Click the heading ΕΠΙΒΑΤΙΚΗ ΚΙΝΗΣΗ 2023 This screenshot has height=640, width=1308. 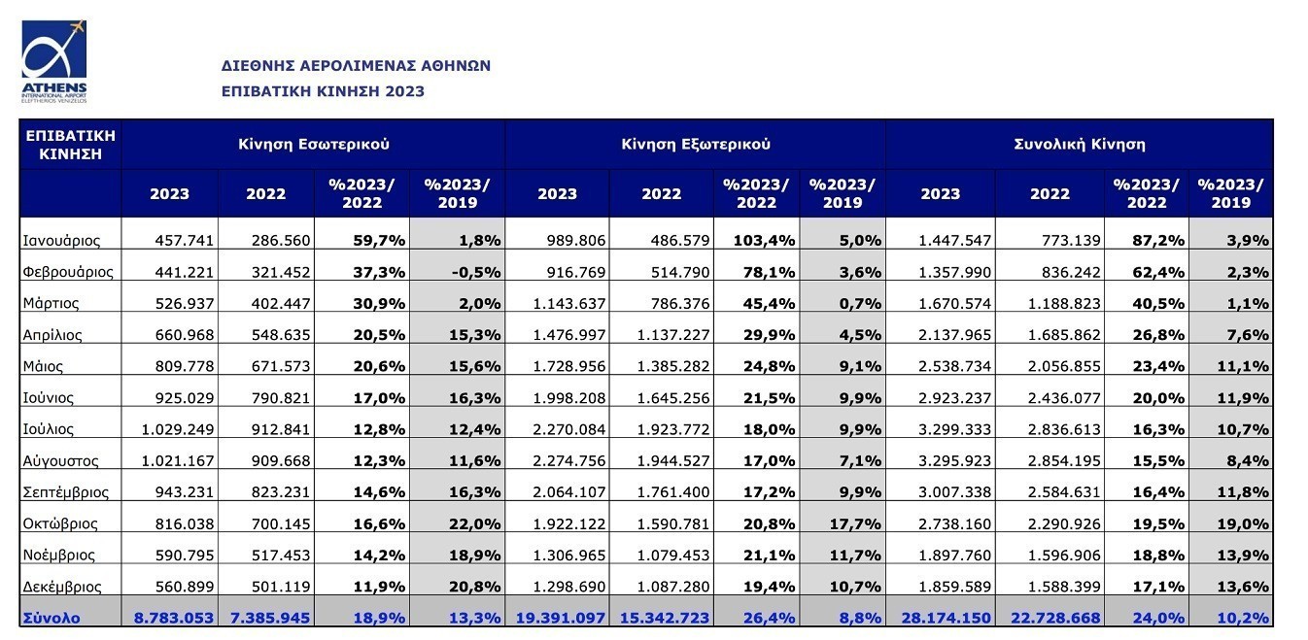click(x=323, y=91)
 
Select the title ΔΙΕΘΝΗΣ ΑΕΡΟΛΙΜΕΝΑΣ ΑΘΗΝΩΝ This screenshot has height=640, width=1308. click(x=356, y=66)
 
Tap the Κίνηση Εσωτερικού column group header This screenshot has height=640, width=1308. click(x=314, y=144)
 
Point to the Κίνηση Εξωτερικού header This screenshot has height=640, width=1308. click(x=696, y=144)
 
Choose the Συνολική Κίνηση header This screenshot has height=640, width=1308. click(x=1079, y=144)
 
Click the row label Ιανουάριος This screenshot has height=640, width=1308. click(x=61, y=239)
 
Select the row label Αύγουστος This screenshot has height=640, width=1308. click(x=61, y=460)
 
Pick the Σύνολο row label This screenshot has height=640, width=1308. click(x=53, y=618)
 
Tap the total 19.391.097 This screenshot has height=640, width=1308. click(x=558, y=618)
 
